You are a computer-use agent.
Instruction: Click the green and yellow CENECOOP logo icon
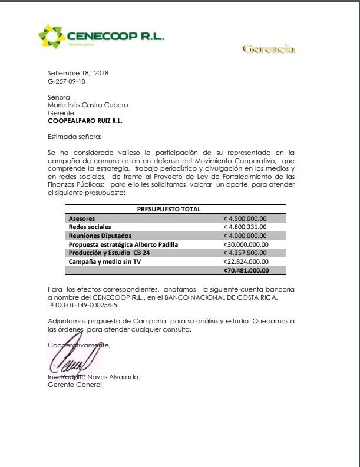tap(52, 37)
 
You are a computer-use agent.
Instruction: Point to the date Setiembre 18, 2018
tap(78, 73)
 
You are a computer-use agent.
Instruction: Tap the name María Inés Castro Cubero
tap(88, 105)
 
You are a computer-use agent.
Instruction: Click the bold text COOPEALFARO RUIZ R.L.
tap(85, 121)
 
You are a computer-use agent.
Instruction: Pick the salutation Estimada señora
tap(75, 137)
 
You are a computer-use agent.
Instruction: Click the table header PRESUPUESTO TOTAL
tap(169, 209)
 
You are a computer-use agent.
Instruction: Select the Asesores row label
tap(82, 218)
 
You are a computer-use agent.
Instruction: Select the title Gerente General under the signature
tap(75, 385)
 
